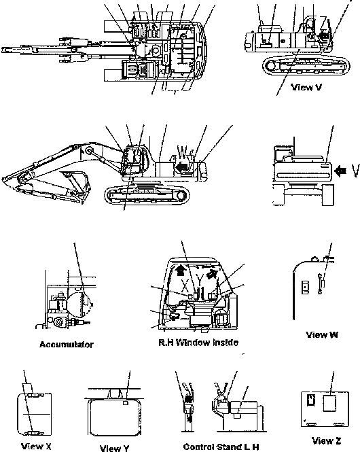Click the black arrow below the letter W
pos(181,164)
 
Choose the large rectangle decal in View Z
pos(329,402)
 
